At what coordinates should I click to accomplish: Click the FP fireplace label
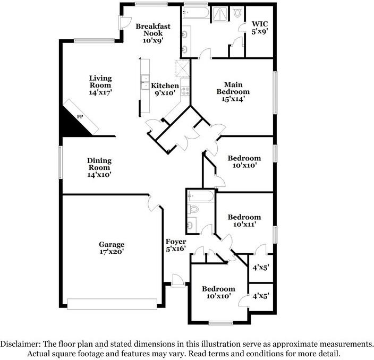80,117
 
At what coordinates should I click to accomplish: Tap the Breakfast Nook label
153,33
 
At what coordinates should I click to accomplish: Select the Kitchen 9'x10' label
165,89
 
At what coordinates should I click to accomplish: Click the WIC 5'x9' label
260,28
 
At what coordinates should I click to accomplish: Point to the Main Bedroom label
233,92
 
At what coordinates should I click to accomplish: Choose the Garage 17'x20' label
112,248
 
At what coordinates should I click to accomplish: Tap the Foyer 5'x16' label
176,245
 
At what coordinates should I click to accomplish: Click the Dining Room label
99,167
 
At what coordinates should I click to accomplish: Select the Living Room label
100,85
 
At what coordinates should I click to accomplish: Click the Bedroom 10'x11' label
244,220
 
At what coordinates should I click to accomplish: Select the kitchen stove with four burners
185,91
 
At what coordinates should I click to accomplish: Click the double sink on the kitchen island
144,82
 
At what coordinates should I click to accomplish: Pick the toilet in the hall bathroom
193,209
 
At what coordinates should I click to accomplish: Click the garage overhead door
112,304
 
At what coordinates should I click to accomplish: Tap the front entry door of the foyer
178,280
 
